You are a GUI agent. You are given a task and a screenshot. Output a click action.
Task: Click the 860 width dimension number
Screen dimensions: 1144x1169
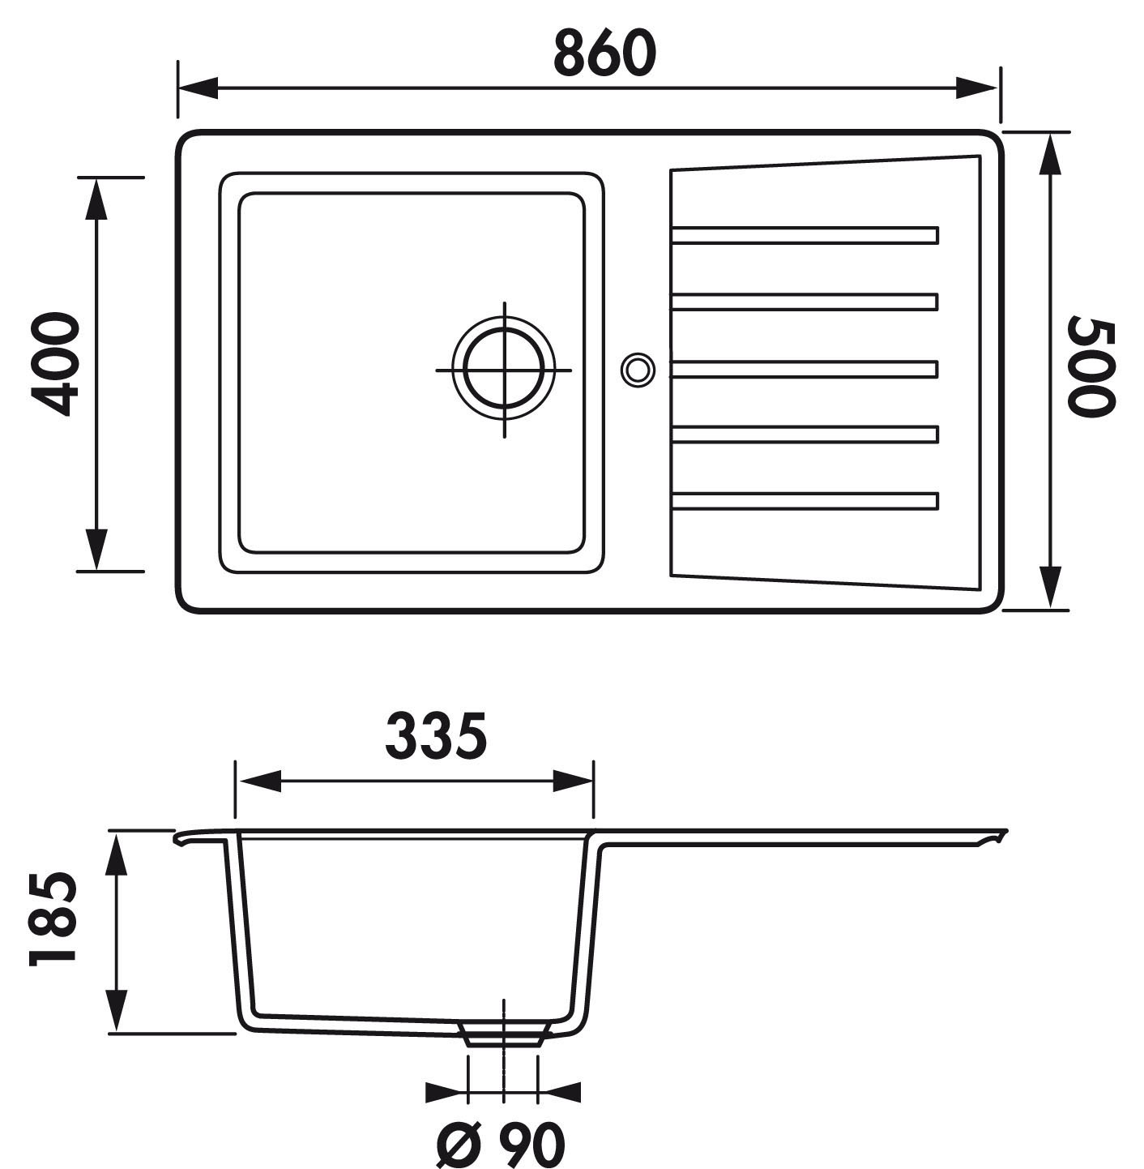click(x=604, y=54)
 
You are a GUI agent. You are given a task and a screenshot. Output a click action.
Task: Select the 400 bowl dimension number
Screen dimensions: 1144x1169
click(x=55, y=364)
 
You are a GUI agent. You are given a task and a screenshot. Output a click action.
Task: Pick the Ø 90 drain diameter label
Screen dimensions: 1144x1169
click(x=501, y=1141)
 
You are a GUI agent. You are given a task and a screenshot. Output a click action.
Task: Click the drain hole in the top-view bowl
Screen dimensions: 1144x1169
click(x=504, y=370)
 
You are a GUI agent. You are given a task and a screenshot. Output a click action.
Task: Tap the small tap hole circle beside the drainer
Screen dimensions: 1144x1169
click(x=638, y=369)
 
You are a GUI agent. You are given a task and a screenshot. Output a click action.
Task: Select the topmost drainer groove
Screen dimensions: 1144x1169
click(x=805, y=235)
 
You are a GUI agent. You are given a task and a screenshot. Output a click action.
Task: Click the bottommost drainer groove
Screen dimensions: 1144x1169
click(x=805, y=501)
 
